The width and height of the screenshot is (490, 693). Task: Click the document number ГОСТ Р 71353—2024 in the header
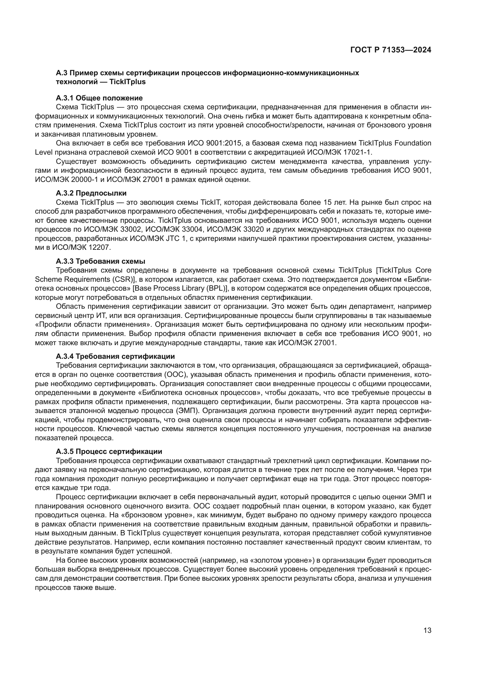(x=391, y=50)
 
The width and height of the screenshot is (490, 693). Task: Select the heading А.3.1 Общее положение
(x=99, y=98)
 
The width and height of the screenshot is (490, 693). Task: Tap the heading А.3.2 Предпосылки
(x=91, y=193)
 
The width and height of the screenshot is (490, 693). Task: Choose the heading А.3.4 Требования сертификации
(x=115, y=356)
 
